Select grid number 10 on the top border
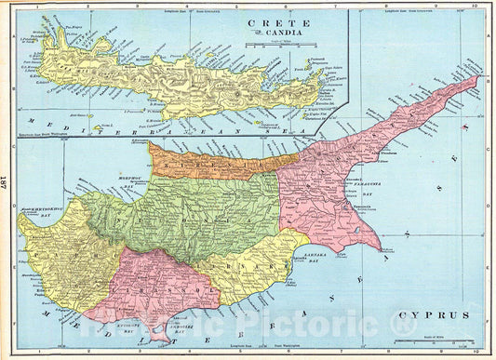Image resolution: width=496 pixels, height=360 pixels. [x=476, y=6]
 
